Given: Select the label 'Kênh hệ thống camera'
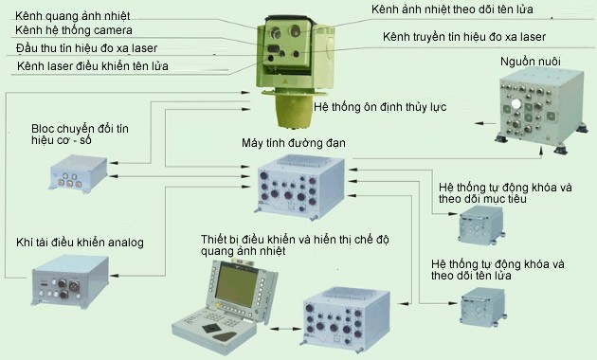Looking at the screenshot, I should point(74,31).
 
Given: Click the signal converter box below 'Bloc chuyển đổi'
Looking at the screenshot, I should point(80,174).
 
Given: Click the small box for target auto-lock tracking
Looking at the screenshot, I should point(481,225).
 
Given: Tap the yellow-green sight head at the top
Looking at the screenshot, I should point(285,57).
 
